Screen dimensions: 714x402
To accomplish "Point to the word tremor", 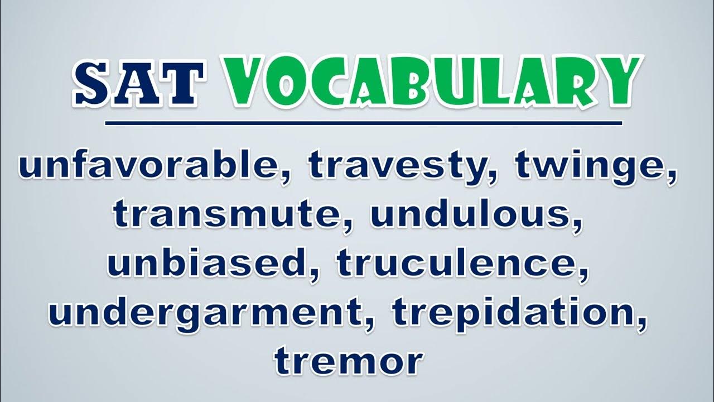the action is pos(349,362).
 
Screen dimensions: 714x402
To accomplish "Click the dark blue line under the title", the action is pos(363,123).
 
